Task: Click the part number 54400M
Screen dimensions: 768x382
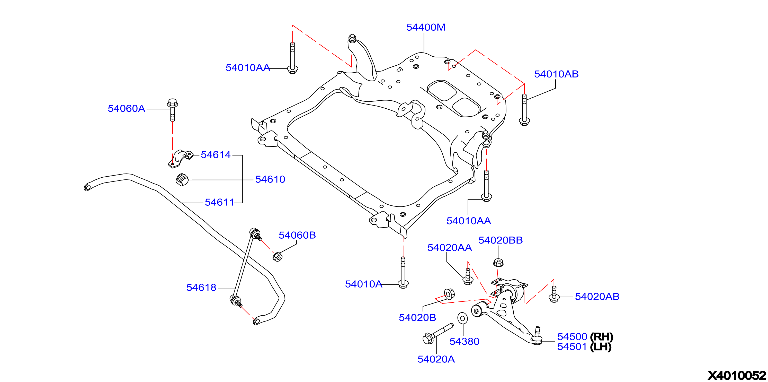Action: [425, 28]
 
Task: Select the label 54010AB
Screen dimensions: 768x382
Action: [556, 74]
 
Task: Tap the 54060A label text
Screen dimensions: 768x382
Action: [126, 108]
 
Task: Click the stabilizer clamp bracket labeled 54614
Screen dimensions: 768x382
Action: [180, 159]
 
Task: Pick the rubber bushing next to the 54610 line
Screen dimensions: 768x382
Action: [182, 179]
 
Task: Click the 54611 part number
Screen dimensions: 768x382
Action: [219, 202]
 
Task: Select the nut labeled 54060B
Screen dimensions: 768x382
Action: [277, 256]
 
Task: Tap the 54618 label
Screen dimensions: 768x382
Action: [201, 287]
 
